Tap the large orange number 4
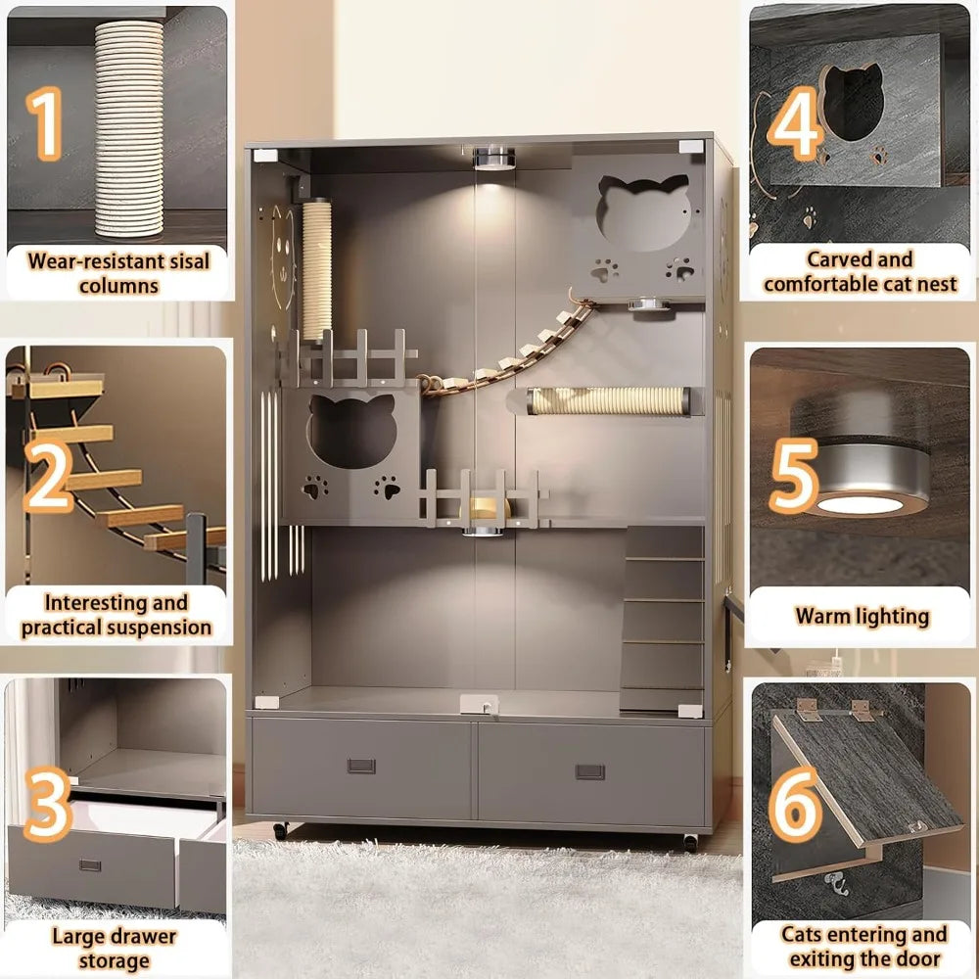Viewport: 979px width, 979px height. click(795, 123)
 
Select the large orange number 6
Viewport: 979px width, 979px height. click(795, 804)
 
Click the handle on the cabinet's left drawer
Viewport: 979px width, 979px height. click(361, 766)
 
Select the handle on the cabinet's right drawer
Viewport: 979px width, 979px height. click(590, 771)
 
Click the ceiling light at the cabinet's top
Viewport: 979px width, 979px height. click(493, 159)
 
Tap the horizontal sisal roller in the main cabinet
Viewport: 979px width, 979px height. click(609, 400)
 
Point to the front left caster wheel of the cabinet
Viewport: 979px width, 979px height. click(280, 830)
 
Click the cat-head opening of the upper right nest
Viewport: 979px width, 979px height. click(643, 212)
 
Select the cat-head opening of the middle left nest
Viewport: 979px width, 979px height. click(352, 431)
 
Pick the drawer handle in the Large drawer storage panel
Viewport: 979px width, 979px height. click(90, 865)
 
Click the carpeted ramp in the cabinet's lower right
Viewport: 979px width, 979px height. click(662, 618)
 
